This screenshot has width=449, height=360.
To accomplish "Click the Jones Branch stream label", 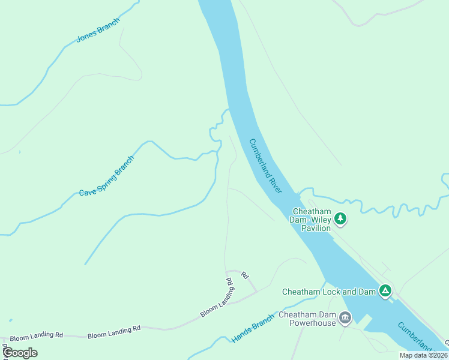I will tap(98, 30).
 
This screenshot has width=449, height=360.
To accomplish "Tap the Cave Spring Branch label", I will tap(106, 176).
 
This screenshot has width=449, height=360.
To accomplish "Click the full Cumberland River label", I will tap(265, 166).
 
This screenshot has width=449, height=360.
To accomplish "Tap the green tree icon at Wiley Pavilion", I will tap(340, 219).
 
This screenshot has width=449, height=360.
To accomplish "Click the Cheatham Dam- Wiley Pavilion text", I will tap(311, 220).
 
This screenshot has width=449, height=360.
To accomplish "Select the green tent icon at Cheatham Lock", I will tap(385, 292).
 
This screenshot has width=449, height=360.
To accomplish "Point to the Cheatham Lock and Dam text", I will tap(328, 292).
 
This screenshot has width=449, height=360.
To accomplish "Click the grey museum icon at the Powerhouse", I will tap(345, 318).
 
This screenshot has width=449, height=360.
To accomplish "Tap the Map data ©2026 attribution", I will tap(423, 355).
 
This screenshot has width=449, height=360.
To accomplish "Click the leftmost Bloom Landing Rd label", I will tap(37, 334).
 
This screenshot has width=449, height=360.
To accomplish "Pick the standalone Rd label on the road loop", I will tap(244, 275).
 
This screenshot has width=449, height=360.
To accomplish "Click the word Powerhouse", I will tap(311, 323).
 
